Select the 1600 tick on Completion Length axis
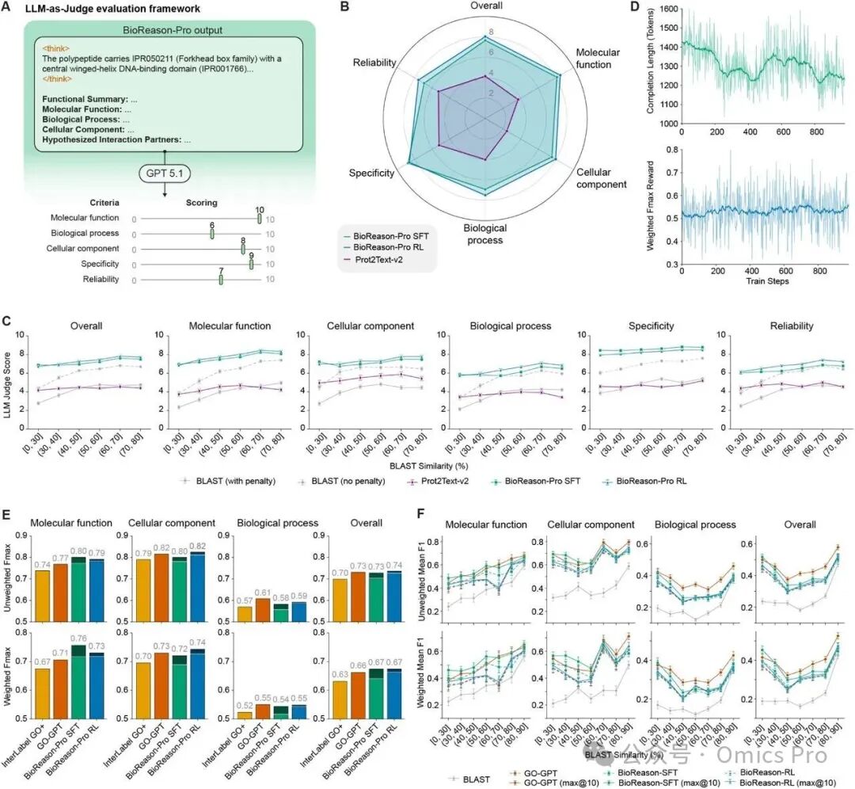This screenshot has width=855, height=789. (667, 9)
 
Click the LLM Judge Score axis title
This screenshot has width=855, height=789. (9, 396)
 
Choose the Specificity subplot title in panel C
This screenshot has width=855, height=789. (652, 325)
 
